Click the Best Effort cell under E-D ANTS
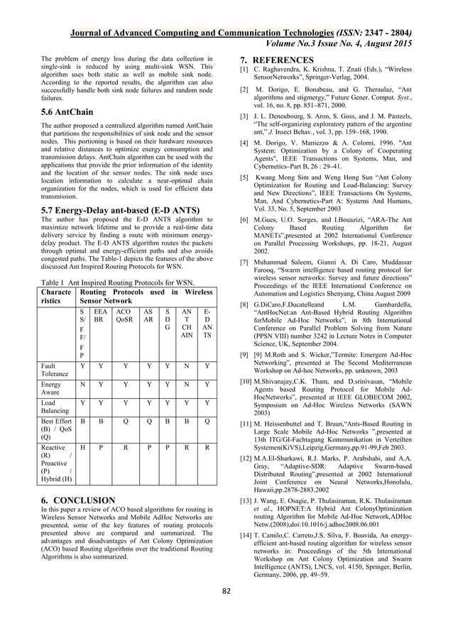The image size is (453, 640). (207, 428)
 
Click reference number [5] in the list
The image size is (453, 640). (243, 173)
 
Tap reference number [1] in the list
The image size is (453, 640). (243, 71)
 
